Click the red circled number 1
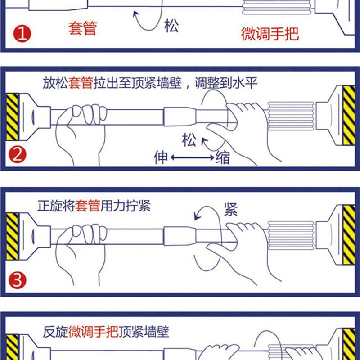click(x=22, y=34)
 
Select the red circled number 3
click(x=18, y=280)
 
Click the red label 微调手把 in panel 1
click(x=270, y=34)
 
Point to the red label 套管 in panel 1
click(x=83, y=28)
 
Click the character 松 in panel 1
click(x=171, y=26)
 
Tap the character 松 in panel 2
click(x=189, y=140)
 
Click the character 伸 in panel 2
click(x=161, y=157)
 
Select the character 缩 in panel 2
click(x=222, y=157)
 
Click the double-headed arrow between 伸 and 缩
click(x=193, y=157)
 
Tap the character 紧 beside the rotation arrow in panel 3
click(x=230, y=209)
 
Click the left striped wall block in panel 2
click(x=12, y=117)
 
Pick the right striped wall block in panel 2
click(x=349, y=115)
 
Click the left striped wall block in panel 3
click(x=12, y=236)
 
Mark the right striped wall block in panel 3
click(x=349, y=234)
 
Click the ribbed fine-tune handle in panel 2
click(x=291, y=117)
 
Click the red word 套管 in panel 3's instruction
click(x=88, y=206)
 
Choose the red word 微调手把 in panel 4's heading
click(x=94, y=332)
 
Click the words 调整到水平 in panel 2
click(x=226, y=83)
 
